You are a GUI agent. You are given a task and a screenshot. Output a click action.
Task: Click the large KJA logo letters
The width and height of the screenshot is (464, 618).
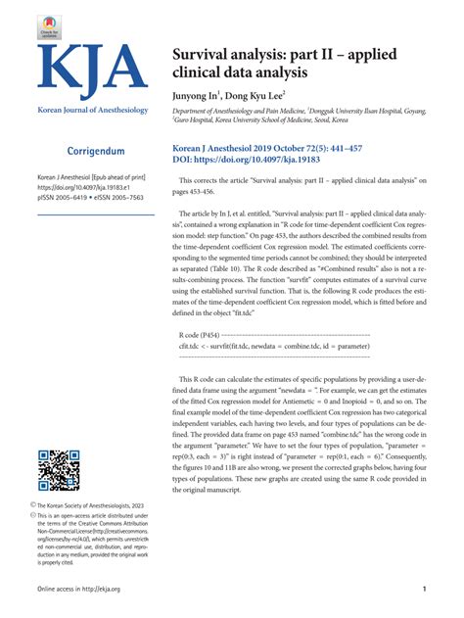click(93, 68)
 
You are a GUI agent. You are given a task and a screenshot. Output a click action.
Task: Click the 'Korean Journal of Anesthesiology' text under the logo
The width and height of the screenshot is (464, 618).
click(93, 110)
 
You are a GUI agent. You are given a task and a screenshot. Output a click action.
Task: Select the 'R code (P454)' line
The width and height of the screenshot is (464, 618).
click(203, 334)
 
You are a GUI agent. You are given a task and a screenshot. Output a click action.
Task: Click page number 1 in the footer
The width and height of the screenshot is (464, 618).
click(422, 589)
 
